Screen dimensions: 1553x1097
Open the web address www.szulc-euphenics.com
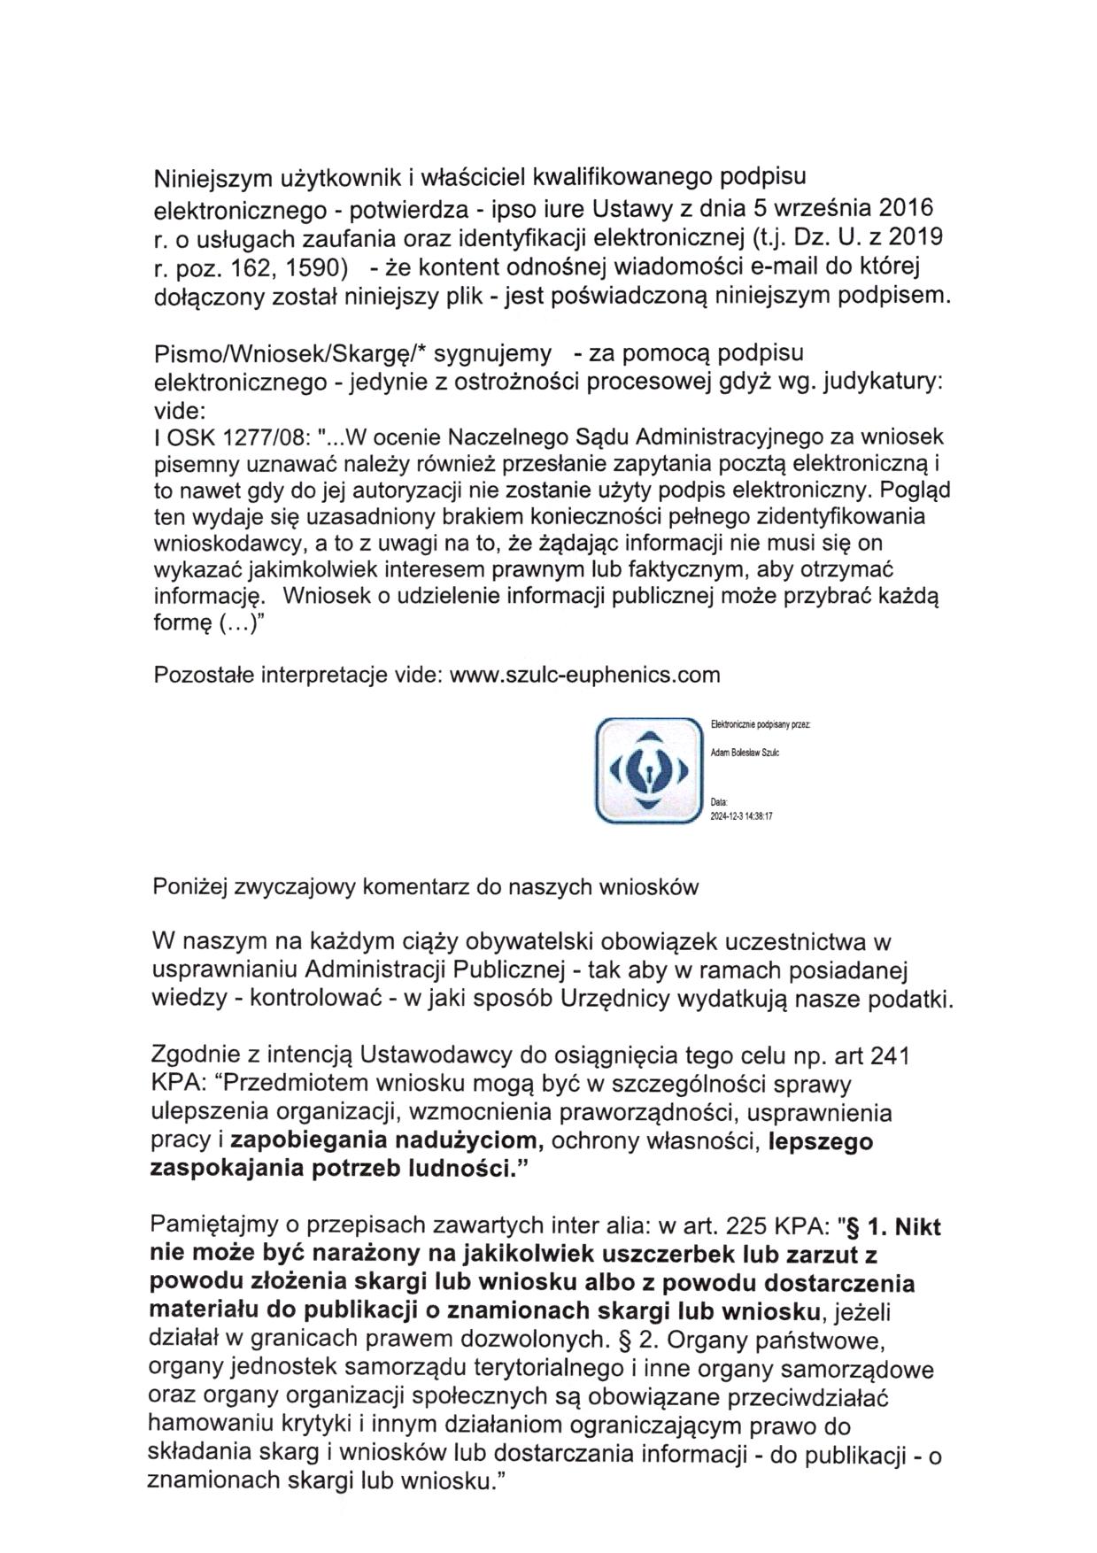[585, 676]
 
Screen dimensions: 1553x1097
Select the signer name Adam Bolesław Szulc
[745, 753]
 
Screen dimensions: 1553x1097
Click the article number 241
[890, 1056]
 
